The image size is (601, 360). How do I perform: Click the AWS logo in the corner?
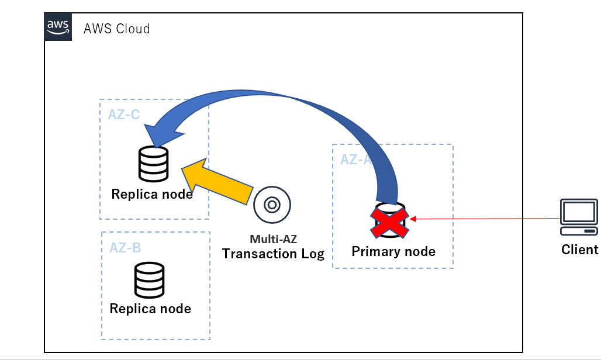58,27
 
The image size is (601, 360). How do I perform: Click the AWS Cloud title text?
117,29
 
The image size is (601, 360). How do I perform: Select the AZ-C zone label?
123,114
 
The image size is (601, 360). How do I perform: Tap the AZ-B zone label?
125,247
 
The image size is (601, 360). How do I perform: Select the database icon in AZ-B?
149,281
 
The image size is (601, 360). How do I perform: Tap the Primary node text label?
393,252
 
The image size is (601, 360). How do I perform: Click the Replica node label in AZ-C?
152,194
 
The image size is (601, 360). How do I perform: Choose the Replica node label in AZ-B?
150,309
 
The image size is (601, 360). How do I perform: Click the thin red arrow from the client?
485,219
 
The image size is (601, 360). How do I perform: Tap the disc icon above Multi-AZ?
272,205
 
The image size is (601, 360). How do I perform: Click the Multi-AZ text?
272,239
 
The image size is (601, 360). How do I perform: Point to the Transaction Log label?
273,254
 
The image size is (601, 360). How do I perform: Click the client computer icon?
579,215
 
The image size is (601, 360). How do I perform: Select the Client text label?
579,250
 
